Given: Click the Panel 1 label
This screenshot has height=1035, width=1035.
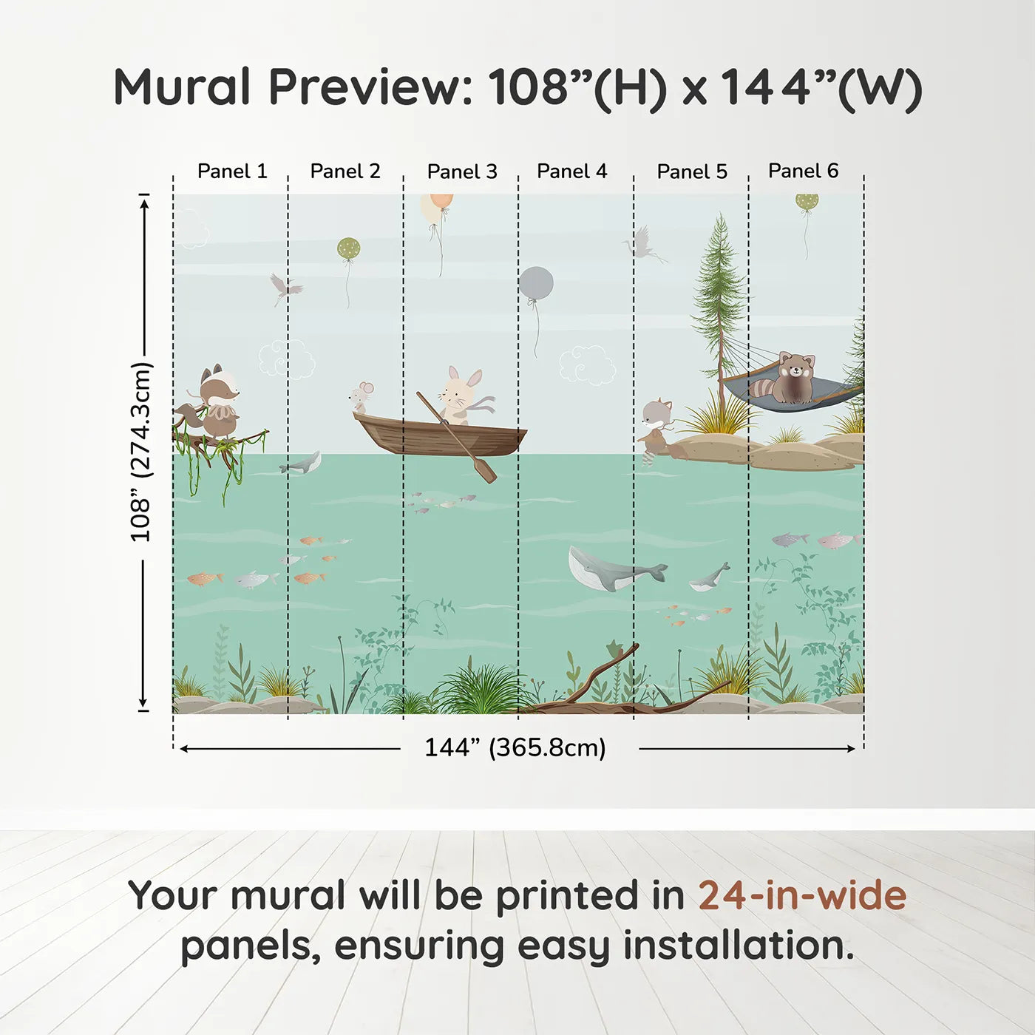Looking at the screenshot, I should point(232,172).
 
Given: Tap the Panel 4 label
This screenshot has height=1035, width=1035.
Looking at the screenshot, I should point(571,172).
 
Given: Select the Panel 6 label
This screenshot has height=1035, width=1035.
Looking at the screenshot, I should point(803,171).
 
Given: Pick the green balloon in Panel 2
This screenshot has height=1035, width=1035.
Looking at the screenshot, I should point(348,249).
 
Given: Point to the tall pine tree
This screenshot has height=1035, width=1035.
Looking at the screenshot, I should point(718,303).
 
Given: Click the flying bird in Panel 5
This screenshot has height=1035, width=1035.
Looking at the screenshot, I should point(643,244).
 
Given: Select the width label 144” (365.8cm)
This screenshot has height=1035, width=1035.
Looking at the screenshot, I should point(515,748).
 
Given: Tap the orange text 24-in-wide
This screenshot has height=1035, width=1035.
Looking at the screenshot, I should point(802,896).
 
